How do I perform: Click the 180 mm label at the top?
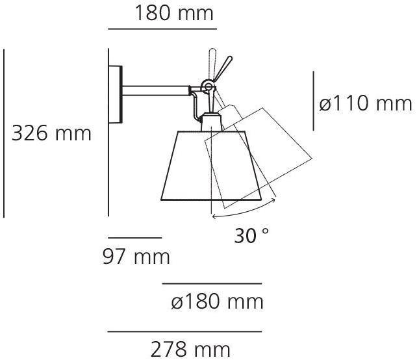pos(174,13)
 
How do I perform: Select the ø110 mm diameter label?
pos(366,103)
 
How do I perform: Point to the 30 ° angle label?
pos(251,236)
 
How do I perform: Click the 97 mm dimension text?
pos(136,257)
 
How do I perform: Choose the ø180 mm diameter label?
pos(217,302)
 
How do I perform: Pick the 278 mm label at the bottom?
pos(190,349)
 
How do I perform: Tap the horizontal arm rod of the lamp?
pos(155,90)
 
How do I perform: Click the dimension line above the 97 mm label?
pos(134,238)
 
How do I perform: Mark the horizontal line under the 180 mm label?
pos(161,29)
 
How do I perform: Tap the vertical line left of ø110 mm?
pos(313,102)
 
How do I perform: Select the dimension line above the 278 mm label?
pos(184,331)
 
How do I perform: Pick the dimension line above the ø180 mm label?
pos(212,284)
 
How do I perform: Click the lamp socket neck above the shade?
pos(210,122)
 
